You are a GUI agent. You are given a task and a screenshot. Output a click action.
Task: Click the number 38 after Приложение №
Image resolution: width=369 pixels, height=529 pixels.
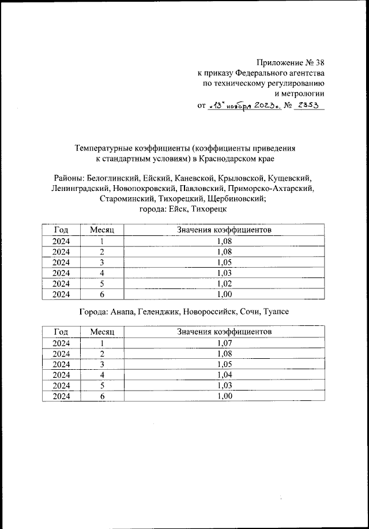pos(318,63)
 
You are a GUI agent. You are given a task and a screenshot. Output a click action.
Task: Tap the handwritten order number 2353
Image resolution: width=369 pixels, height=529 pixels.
pos(308,105)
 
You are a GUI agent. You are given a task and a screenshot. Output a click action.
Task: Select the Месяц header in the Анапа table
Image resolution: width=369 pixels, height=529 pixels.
pos(103,332)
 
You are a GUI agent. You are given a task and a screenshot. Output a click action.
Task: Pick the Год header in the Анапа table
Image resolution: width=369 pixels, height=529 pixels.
pos(61,332)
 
